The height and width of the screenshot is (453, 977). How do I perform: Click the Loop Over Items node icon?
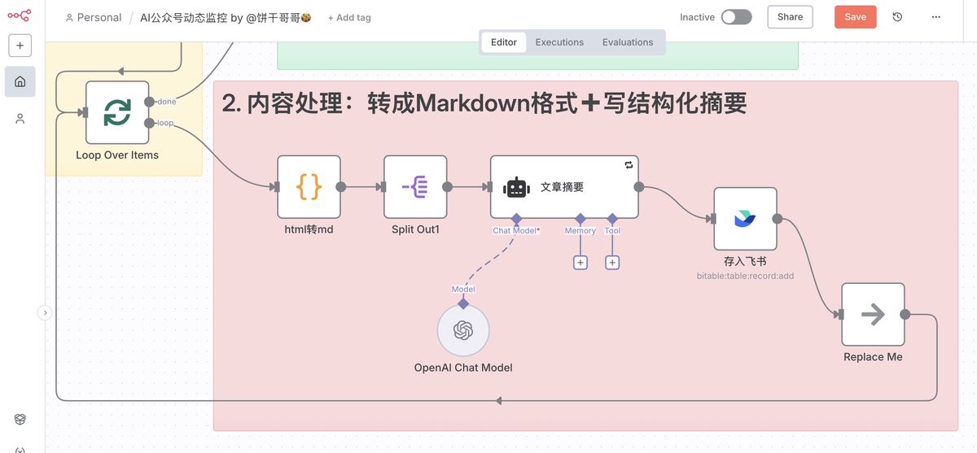tap(117, 112)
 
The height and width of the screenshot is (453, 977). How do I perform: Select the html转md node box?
tap(309, 187)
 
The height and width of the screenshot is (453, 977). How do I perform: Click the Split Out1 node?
tap(415, 187)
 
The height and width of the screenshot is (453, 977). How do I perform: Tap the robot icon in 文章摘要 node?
tap(516, 187)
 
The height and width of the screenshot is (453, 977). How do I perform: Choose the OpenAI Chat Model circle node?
tap(463, 330)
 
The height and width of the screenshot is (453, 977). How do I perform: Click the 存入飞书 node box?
tap(745, 219)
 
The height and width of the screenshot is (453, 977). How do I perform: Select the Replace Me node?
tap(873, 315)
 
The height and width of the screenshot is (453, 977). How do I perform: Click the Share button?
tap(790, 17)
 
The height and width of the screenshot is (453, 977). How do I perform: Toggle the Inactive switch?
tap(736, 17)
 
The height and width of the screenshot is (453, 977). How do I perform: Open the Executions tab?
tap(559, 42)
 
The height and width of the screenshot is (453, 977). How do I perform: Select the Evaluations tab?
tap(628, 42)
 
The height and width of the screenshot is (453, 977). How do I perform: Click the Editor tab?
tap(504, 42)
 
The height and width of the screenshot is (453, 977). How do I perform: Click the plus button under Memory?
tap(581, 263)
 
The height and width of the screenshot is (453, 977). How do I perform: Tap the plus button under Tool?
tap(612, 263)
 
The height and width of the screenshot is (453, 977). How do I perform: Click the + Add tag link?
tap(349, 18)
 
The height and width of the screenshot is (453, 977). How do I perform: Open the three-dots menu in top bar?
tap(936, 17)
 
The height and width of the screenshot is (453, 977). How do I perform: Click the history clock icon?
tap(897, 17)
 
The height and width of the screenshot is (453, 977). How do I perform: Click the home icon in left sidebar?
tap(20, 81)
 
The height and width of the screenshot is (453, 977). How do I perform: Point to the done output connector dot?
tap(149, 102)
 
